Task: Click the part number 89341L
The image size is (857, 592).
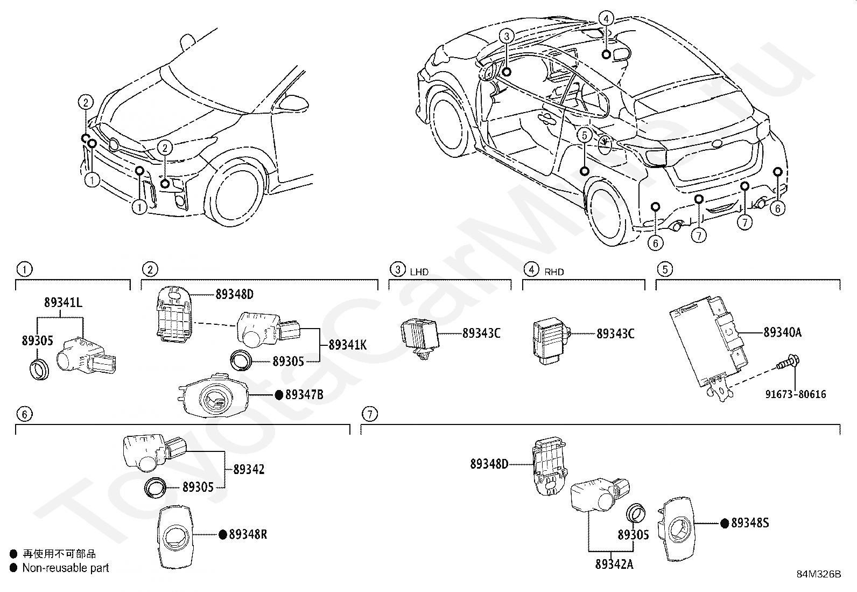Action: click(x=63, y=303)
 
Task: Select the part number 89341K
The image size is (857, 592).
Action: click(x=348, y=345)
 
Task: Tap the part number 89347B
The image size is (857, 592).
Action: click(x=305, y=394)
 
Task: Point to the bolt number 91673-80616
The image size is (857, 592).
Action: click(x=796, y=394)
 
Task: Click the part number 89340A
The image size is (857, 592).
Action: click(x=782, y=332)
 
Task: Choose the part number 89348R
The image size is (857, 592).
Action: click(x=248, y=534)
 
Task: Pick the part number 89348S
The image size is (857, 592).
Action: click(x=750, y=523)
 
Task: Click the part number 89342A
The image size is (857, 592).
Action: click(x=614, y=564)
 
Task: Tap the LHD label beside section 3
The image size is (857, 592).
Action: click(x=419, y=272)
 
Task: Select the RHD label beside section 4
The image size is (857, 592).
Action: click(x=554, y=272)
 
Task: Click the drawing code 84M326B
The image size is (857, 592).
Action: click(x=819, y=574)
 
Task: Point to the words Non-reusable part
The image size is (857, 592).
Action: click(x=66, y=568)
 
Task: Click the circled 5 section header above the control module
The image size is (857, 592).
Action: click(x=665, y=269)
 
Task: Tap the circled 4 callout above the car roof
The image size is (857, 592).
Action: click(x=606, y=18)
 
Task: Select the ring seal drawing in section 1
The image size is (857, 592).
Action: click(x=39, y=370)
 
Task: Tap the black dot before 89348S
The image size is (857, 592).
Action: click(x=725, y=523)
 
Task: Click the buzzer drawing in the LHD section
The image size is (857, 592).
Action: click(x=419, y=340)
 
